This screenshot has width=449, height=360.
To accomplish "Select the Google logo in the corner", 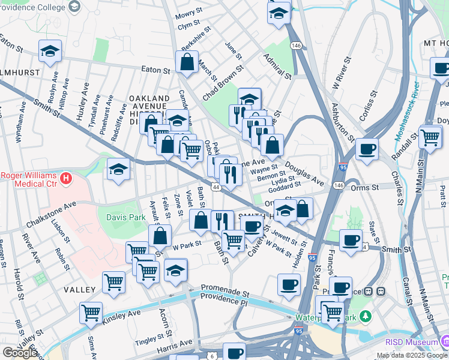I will [x=20, y=353].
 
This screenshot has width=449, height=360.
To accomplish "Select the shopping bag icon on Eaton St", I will [x=187, y=62].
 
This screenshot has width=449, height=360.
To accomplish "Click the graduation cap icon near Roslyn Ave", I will [x=50, y=52].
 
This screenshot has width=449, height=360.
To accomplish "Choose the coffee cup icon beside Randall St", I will [x=366, y=149].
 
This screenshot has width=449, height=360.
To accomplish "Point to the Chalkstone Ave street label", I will [x=51, y=214].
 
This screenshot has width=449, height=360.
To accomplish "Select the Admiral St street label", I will [x=276, y=67].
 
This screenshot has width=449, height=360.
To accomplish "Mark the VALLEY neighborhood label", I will [x=80, y=290].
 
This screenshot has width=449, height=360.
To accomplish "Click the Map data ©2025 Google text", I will [x=411, y=356].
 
